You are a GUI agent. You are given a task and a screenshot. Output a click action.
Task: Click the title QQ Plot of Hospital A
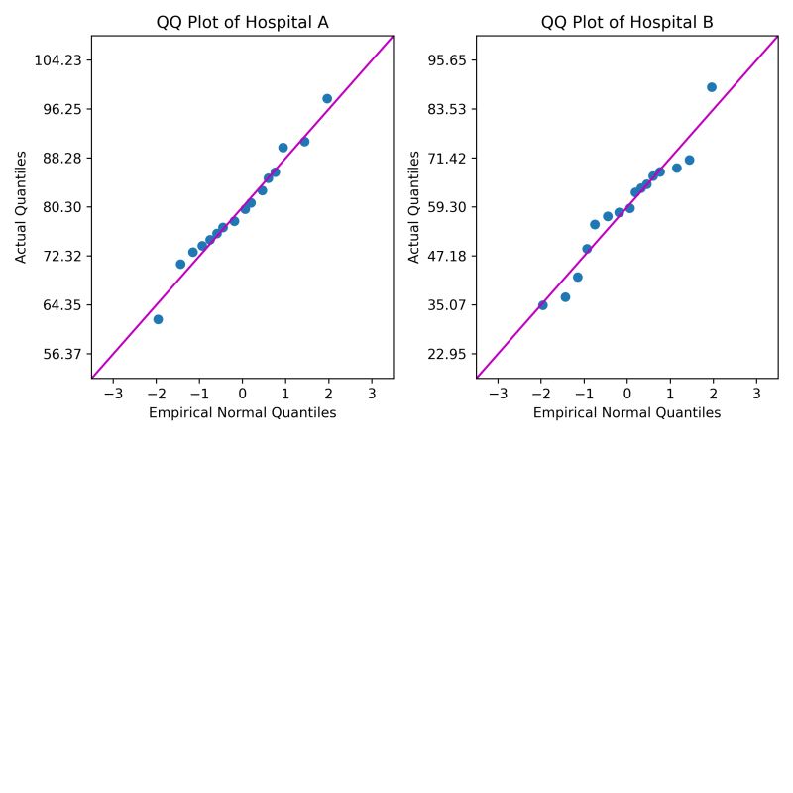[242, 22]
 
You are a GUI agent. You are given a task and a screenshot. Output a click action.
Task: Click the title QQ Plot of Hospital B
[626, 22]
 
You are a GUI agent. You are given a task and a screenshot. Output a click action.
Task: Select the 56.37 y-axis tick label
[62, 354]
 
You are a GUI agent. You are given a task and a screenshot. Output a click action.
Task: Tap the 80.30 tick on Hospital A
[62, 207]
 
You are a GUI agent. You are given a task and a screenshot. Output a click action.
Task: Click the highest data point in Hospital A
[327, 99]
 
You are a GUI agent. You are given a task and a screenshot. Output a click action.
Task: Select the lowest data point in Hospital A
[158, 319]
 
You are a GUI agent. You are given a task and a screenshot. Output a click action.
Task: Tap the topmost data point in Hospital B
[712, 87]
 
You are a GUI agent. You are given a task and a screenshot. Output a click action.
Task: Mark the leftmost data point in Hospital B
[542, 305]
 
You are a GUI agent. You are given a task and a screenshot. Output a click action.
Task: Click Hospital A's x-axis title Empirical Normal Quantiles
[242, 413]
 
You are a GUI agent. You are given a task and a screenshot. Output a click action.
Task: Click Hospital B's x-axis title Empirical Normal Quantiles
[626, 413]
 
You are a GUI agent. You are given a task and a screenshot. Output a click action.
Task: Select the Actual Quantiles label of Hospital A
[21, 207]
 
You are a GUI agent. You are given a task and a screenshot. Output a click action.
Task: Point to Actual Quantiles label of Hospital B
[414, 207]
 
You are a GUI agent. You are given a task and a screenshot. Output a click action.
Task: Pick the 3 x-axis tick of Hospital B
[756, 394]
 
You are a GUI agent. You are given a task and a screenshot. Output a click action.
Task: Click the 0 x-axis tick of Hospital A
[242, 394]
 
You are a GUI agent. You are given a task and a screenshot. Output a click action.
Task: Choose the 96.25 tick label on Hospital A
[62, 109]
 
